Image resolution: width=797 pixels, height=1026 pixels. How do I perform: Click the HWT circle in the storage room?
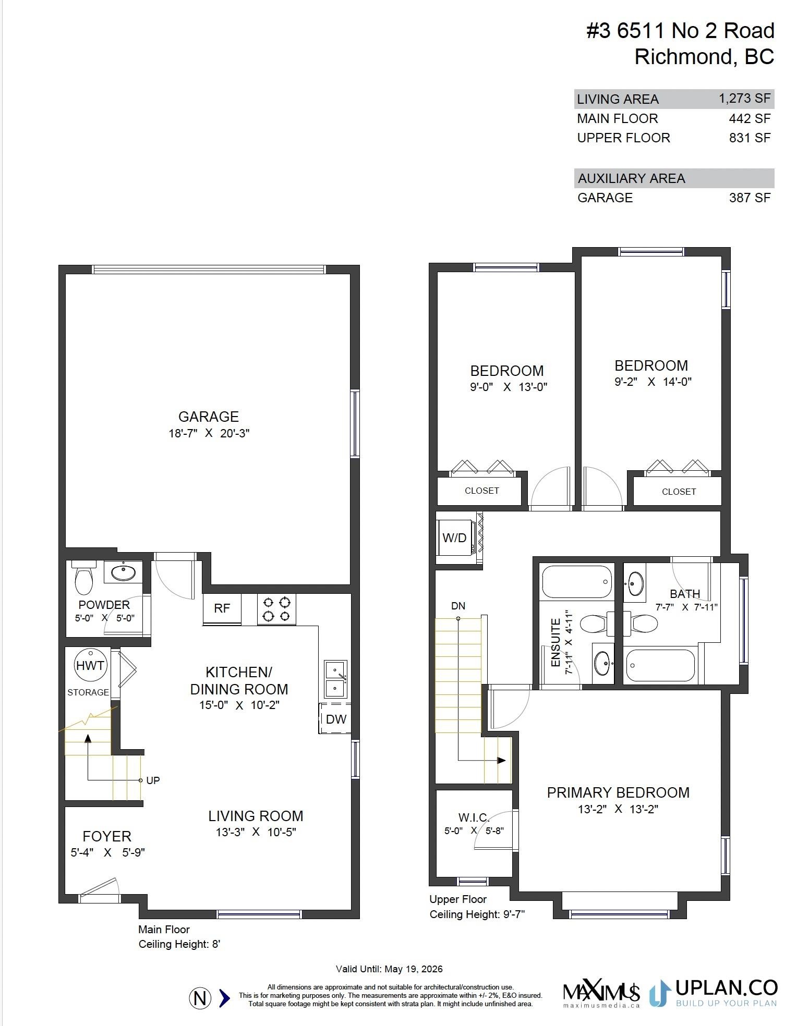click(91, 665)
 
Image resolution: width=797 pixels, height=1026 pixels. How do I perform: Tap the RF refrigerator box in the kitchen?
click(222, 608)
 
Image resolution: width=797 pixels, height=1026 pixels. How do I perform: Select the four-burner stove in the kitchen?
click(276, 609)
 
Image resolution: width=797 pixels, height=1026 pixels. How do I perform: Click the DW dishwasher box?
click(335, 719)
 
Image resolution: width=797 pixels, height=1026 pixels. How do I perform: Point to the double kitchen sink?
click(335, 679)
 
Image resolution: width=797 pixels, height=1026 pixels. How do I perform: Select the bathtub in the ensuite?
click(576, 582)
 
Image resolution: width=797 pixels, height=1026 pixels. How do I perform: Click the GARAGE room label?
click(209, 417)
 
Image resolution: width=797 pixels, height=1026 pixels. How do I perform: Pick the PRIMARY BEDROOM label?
click(618, 792)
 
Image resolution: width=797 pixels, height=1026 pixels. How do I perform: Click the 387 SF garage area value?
click(750, 198)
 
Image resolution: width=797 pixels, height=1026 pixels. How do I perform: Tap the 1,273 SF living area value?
click(744, 99)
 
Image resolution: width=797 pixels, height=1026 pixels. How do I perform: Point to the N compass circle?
click(200, 998)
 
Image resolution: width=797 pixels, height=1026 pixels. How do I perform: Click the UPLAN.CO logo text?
click(726, 987)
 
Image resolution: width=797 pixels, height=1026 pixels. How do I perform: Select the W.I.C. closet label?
click(474, 817)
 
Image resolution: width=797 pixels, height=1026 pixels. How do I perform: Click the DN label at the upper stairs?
click(458, 606)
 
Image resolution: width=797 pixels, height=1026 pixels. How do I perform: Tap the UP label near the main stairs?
click(153, 780)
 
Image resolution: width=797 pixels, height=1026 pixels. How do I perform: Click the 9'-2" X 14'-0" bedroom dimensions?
click(653, 382)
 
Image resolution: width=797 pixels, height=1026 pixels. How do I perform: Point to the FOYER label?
click(107, 836)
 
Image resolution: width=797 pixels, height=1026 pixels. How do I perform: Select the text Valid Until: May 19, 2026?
click(389, 969)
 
